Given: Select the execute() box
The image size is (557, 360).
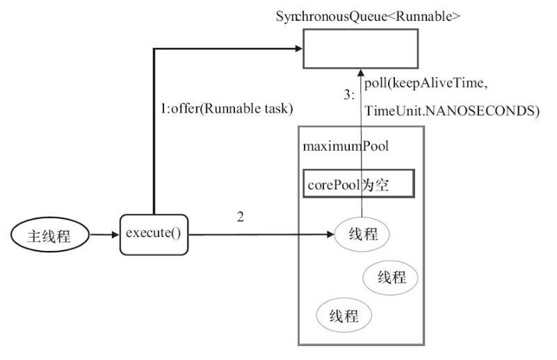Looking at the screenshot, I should click(x=154, y=234).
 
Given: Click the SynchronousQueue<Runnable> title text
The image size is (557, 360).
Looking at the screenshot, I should click(x=368, y=16).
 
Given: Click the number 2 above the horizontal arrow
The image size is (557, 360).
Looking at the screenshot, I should click(x=240, y=217).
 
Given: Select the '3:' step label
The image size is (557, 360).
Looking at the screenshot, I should click(x=349, y=97).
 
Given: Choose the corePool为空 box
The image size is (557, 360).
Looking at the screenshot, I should click(x=359, y=183).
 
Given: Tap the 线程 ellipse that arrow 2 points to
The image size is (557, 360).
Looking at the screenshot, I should click(x=362, y=235).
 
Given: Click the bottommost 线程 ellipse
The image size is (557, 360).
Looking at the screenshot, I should click(x=344, y=317).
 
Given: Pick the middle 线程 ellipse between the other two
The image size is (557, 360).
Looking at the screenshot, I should click(x=391, y=277).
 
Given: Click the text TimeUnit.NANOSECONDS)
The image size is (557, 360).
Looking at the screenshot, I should click(x=452, y=111).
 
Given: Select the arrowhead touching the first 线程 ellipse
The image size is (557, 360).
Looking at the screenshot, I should click(x=330, y=235).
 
